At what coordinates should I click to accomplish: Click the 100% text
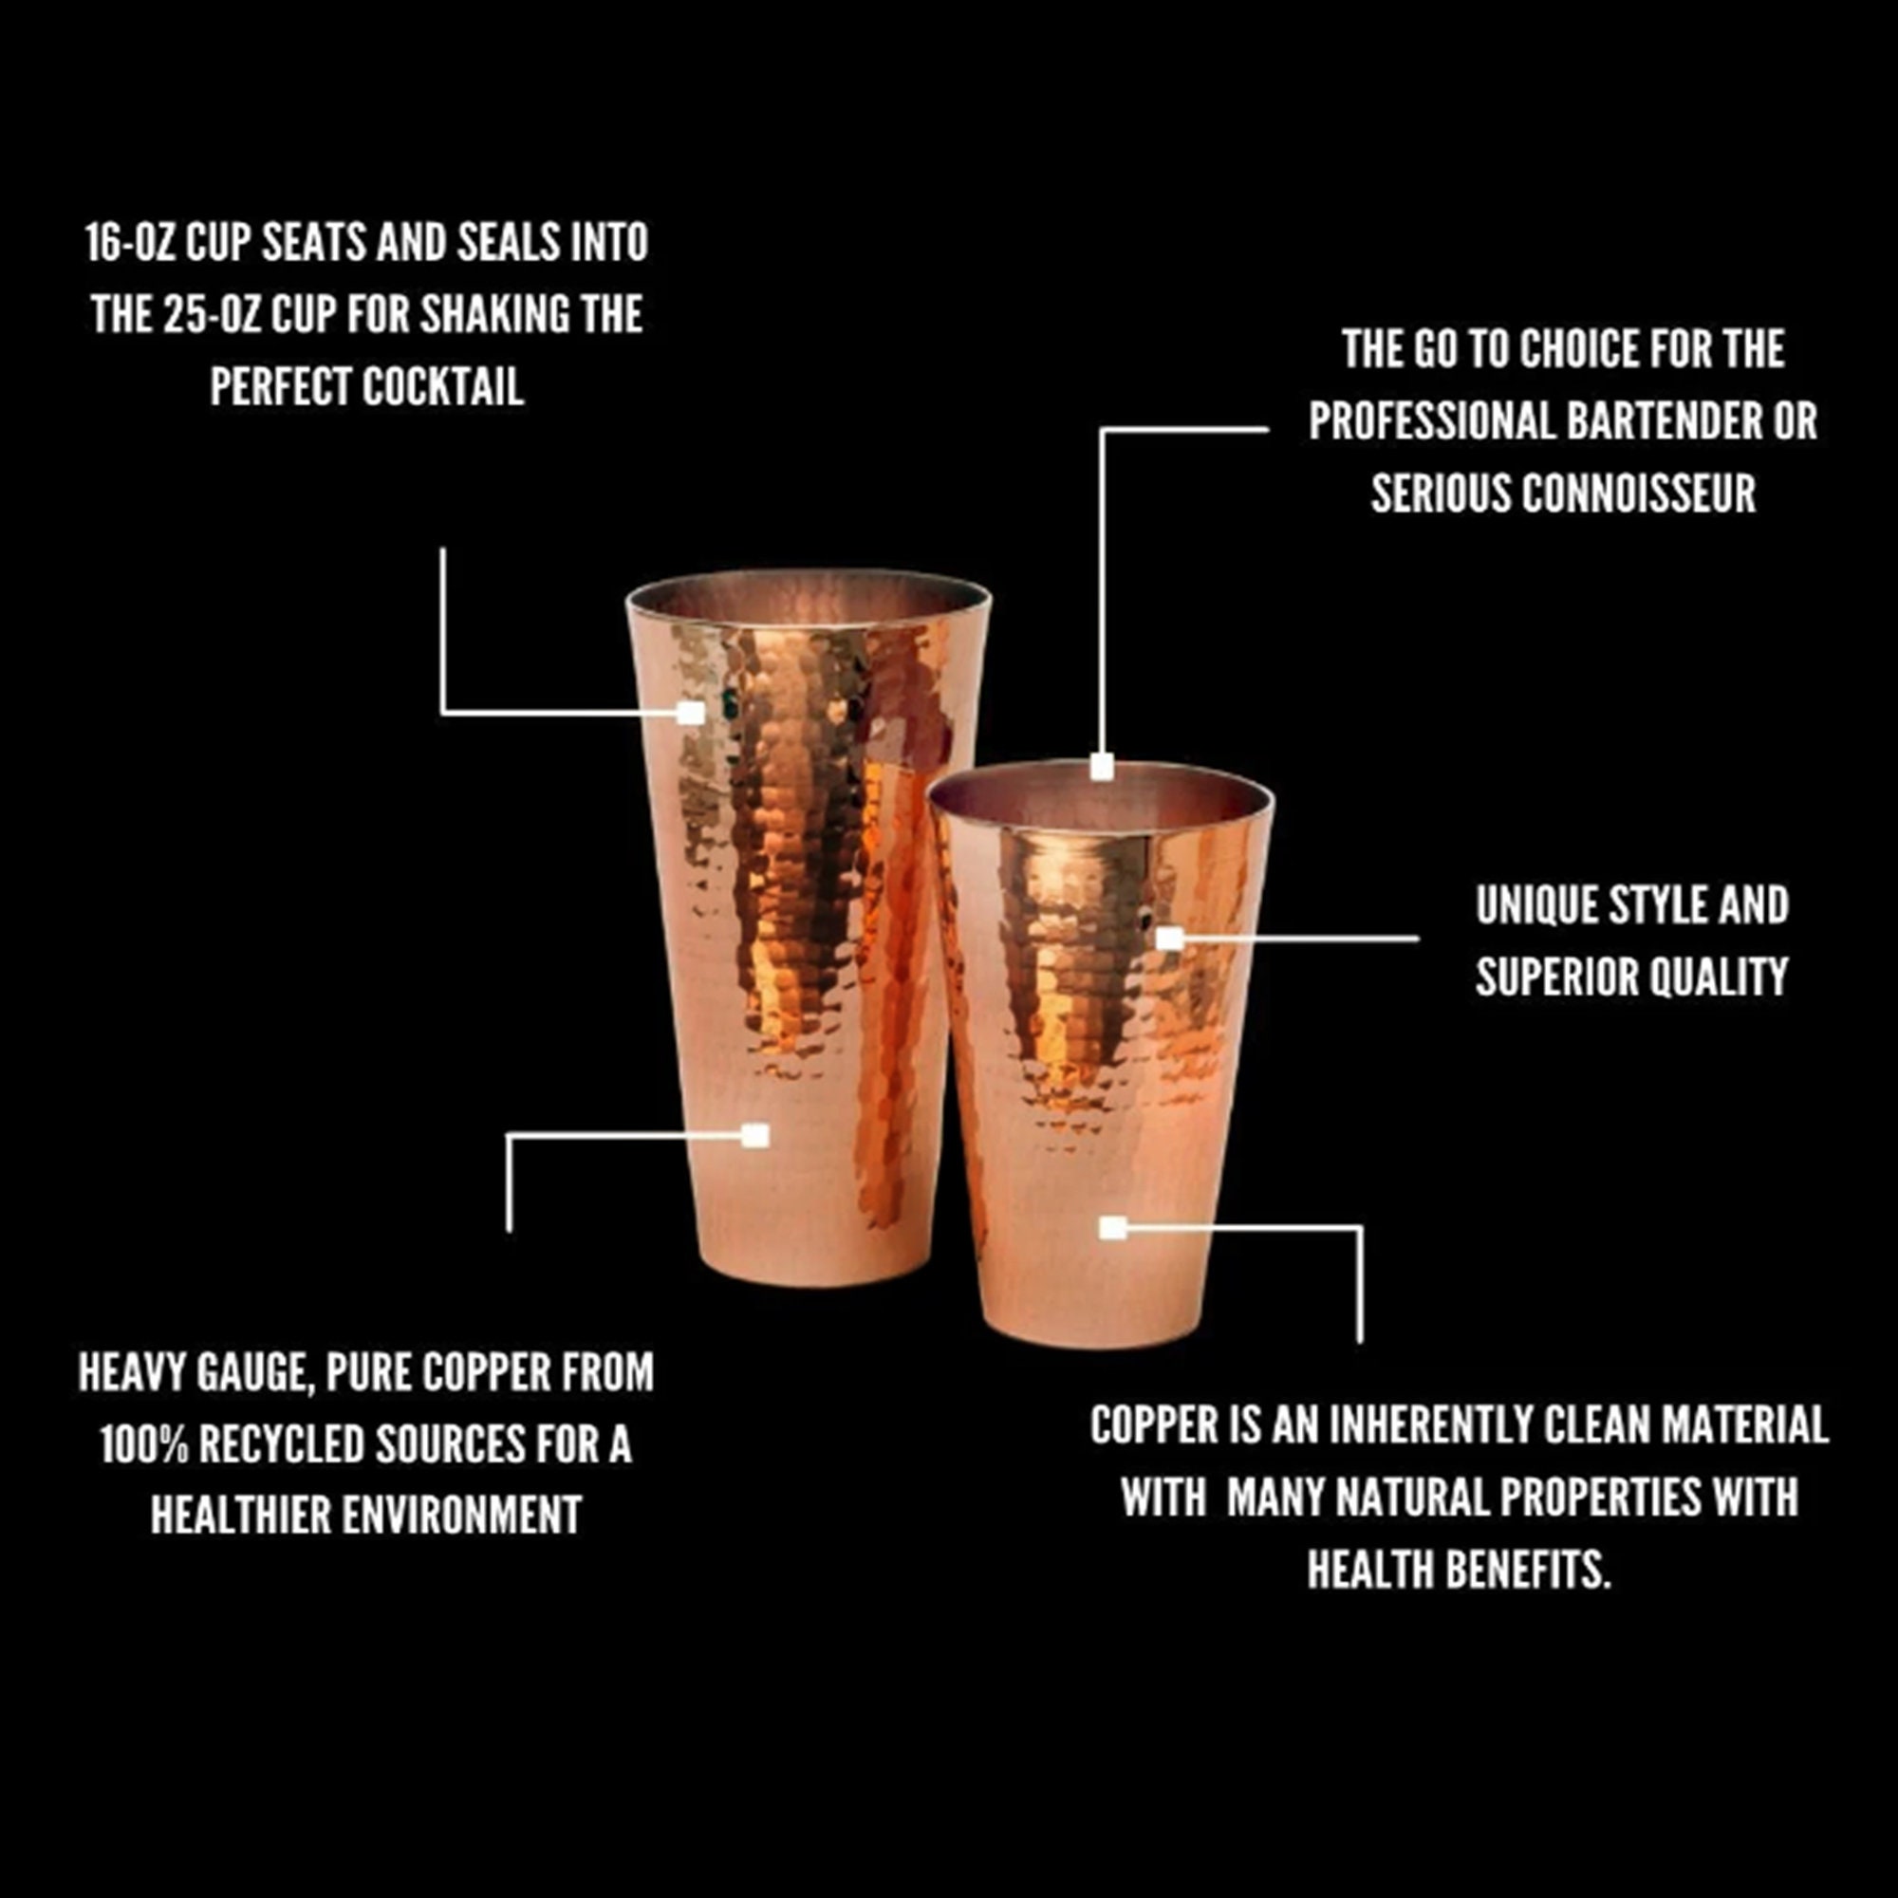[x=144, y=1444]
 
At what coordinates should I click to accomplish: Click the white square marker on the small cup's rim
[x=1102, y=767]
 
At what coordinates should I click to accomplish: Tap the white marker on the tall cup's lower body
[x=754, y=1137]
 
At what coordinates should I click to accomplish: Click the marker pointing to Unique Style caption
[x=1169, y=940]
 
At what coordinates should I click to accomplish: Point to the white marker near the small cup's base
[x=1112, y=1228]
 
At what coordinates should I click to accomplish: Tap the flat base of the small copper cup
[x=1090, y=1338]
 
